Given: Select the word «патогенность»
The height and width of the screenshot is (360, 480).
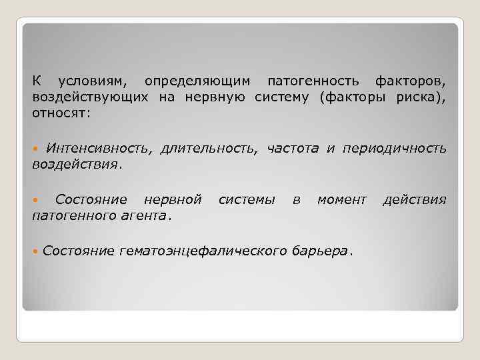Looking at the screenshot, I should point(312,81).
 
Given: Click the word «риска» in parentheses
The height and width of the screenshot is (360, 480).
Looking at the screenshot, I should point(421,97).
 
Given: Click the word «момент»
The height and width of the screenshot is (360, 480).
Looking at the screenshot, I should point(341,199).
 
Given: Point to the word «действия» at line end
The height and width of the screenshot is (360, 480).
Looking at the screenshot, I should point(414,199).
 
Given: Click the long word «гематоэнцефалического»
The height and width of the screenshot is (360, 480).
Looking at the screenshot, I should point(204,251).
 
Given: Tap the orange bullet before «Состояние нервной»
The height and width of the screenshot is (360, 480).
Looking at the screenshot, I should point(36,199).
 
